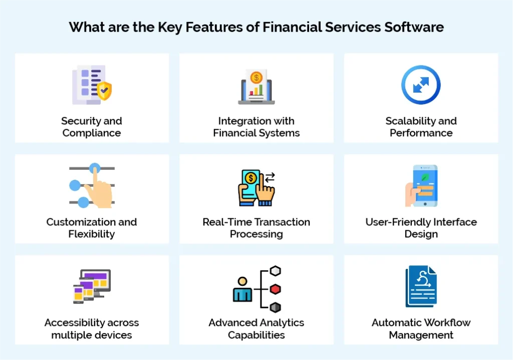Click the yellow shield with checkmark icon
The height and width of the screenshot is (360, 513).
(x=104, y=91)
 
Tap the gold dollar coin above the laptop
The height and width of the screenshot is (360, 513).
(x=256, y=78)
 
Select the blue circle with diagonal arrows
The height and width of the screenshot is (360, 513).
(x=421, y=85)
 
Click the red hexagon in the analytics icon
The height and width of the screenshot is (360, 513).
(x=275, y=289)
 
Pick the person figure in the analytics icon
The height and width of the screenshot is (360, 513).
(x=242, y=290)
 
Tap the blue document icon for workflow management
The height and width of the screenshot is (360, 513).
(x=421, y=286)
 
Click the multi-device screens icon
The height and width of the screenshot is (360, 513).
(x=92, y=286)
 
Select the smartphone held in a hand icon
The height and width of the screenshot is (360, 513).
(x=422, y=186)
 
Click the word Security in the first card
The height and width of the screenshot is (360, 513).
(x=77, y=121)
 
